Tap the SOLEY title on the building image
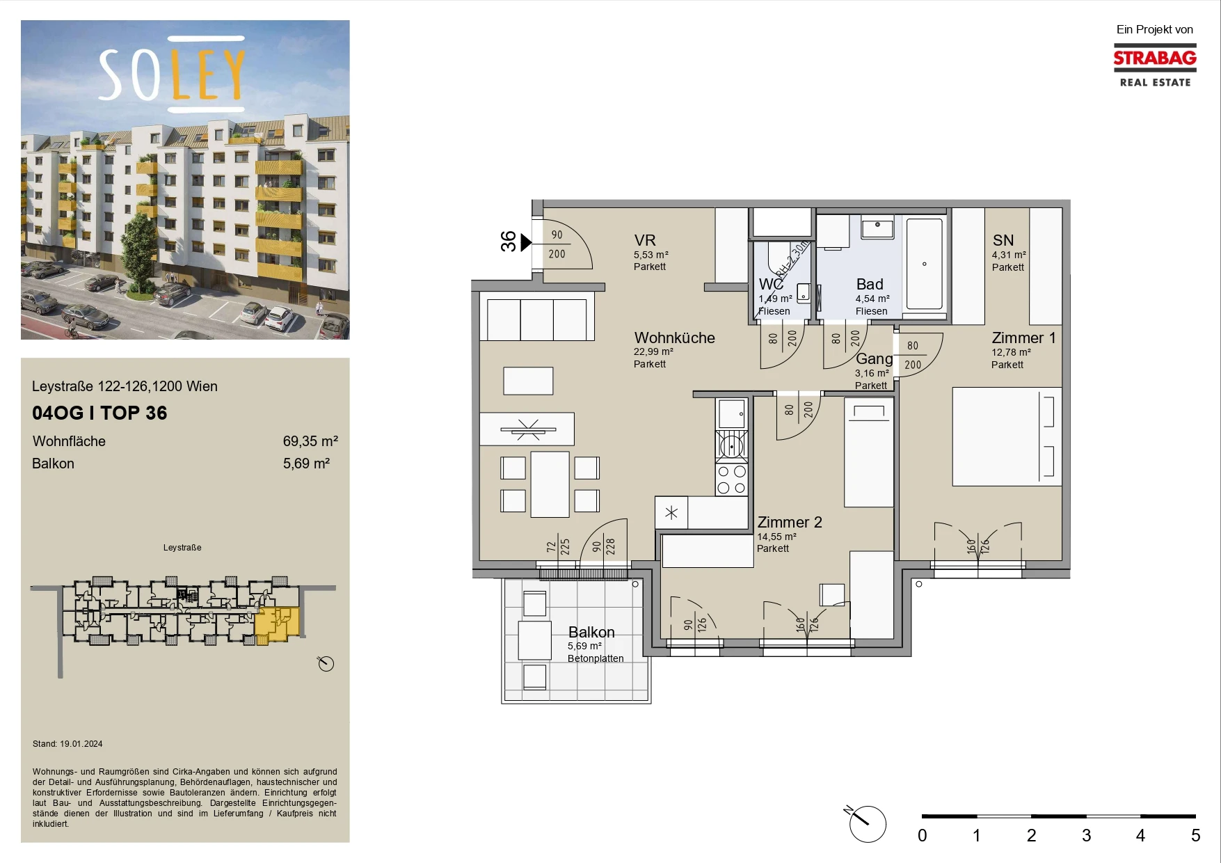pyautogui.click(x=172, y=74)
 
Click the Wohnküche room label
pyautogui.click(x=674, y=338)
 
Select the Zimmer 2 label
pyautogui.click(x=790, y=522)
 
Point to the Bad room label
pyautogui.click(x=870, y=284)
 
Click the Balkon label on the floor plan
pyautogui.click(x=591, y=632)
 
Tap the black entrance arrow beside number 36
pyautogui.click(x=526, y=242)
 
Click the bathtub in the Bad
pyautogui.click(x=924, y=264)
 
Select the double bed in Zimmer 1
pyautogui.click(x=1007, y=436)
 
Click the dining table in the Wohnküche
pyautogui.click(x=550, y=484)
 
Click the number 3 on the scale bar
pyautogui.click(x=1086, y=835)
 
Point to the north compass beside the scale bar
pyautogui.click(x=867, y=823)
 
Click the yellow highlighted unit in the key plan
pyautogui.click(x=278, y=624)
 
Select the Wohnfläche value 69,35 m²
pyautogui.click(x=310, y=441)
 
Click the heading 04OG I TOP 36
pyautogui.click(x=99, y=413)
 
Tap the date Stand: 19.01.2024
pyautogui.click(x=67, y=743)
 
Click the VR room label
pyautogui.click(x=645, y=240)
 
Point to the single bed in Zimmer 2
pyautogui.click(x=868, y=452)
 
